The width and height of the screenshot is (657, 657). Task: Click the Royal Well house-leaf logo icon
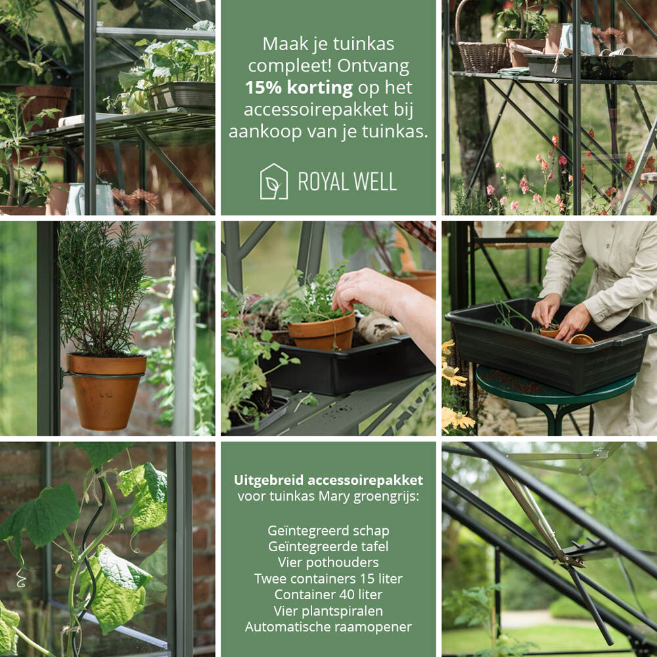(273, 181)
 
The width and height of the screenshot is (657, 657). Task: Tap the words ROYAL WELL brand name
(347, 182)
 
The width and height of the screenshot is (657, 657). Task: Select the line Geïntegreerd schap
(328, 530)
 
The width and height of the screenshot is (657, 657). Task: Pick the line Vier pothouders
(328, 562)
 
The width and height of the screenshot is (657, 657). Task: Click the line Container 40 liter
(328, 595)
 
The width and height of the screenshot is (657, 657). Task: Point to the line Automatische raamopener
(328, 627)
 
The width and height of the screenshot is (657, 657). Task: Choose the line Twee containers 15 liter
(328, 579)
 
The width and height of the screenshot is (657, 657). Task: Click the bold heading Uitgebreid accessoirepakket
(328, 480)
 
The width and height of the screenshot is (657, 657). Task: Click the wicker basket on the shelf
(484, 57)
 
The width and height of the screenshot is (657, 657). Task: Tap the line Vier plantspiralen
(328, 611)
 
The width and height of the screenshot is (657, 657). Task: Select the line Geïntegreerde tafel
(328, 547)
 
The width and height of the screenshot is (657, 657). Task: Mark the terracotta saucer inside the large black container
(581, 340)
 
